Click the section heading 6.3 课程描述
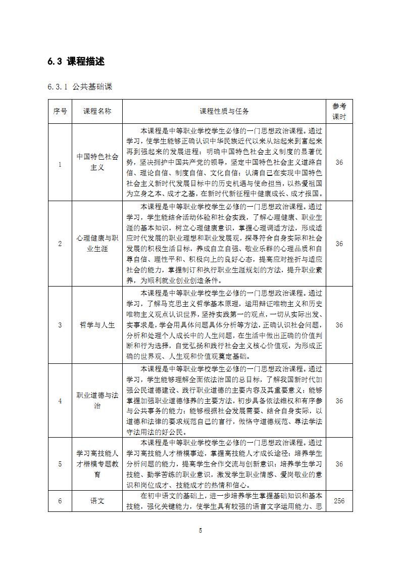click(x=76, y=62)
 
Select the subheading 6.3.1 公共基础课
click(x=80, y=87)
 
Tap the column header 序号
click(x=60, y=111)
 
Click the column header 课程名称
click(x=97, y=111)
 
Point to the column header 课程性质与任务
click(x=224, y=111)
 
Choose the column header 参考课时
click(x=339, y=111)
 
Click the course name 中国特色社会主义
click(x=97, y=162)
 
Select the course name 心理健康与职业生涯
click(x=97, y=243)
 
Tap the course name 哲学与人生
click(x=97, y=325)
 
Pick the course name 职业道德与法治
click(x=97, y=401)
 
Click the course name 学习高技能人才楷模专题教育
click(x=97, y=464)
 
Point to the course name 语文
click(x=97, y=501)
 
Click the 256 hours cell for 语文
click(x=339, y=501)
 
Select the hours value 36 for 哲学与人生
click(x=339, y=325)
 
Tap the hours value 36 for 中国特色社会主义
click(x=339, y=162)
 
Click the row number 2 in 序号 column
click(x=60, y=244)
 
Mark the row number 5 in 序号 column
click(x=60, y=464)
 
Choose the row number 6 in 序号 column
click(x=60, y=501)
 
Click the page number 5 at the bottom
click(x=201, y=530)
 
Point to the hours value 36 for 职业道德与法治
click(x=339, y=401)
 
